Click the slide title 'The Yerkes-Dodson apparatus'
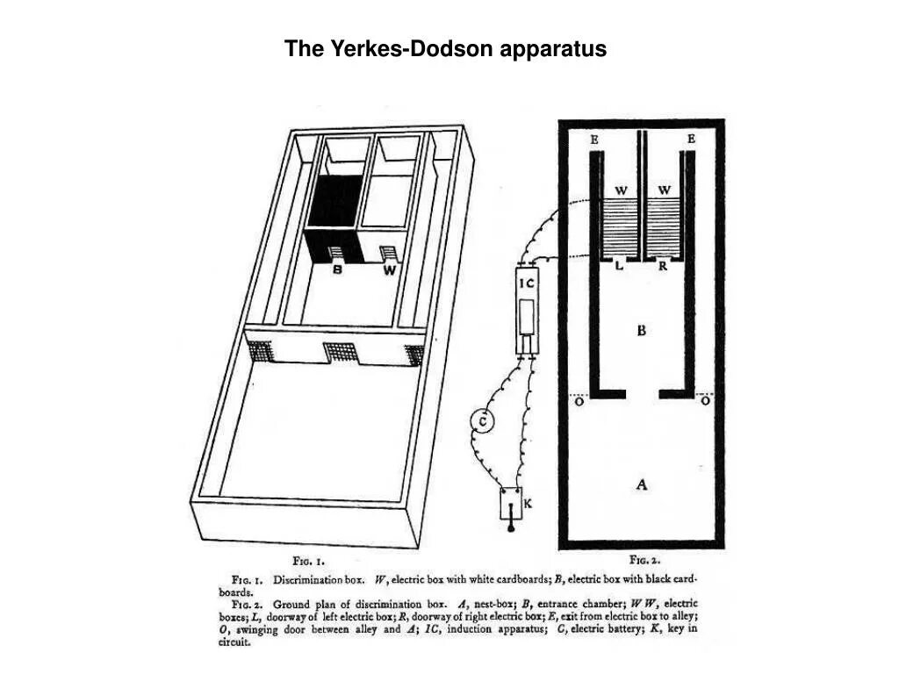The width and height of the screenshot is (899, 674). (x=445, y=49)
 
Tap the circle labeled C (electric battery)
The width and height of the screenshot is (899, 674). (x=482, y=422)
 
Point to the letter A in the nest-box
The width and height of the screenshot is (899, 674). (x=642, y=484)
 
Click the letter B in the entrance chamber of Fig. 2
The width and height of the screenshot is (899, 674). (x=642, y=331)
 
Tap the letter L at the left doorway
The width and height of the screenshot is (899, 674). (x=619, y=267)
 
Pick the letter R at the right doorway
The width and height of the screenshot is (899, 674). (x=664, y=267)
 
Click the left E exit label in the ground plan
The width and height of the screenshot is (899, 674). (x=595, y=139)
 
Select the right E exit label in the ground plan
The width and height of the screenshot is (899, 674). (x=692, y=139)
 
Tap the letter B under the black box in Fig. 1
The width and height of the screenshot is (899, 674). (x=337, y=271)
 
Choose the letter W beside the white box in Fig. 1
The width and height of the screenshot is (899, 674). (x=389, y=271)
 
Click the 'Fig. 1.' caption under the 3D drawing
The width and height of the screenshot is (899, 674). (x=308, y=559)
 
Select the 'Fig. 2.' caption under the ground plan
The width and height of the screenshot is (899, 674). (x=644, y=559)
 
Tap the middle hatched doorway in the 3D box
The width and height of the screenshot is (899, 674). (x=338, y=354)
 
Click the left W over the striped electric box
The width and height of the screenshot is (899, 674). (x=621, y=190)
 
